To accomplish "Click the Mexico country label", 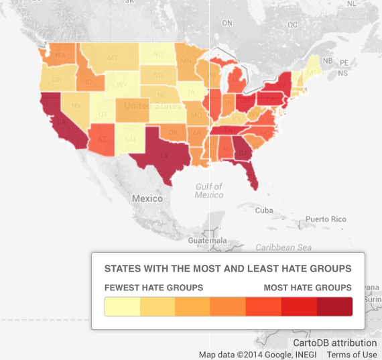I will pos(147,198).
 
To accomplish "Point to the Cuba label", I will pos(265,211).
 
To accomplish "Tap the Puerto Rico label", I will pos(326,219).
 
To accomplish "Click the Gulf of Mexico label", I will pos(209,190).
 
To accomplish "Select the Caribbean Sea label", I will pos(284,247).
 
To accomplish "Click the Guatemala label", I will pos(208,239).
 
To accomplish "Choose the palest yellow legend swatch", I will pos(123,306).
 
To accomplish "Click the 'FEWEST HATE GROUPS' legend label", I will pos(153,288).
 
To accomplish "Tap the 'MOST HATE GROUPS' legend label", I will pos(308,288).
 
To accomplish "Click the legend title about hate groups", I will pos(228,269).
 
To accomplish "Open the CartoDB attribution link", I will pos(335,343).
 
